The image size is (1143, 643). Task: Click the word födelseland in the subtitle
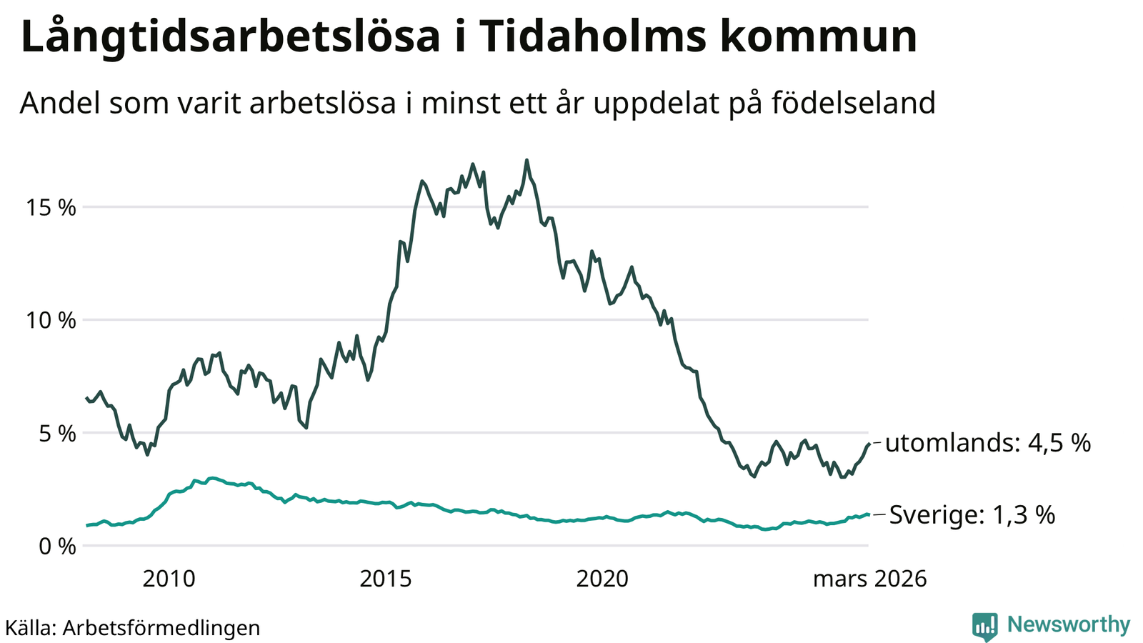[x=853, y=103]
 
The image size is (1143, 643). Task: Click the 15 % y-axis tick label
[x=51, y=208]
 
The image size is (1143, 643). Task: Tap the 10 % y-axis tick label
[x=51, y=321]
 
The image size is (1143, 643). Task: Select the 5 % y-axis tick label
[x=56, y=434]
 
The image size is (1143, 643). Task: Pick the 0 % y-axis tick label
[x=56, y=547]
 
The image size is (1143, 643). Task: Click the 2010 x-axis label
[x=169, y=579]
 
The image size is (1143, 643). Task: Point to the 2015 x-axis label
[x=386, y=579]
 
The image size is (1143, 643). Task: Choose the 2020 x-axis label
[x=603, y=579]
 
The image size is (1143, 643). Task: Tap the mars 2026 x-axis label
[x=869, y=579]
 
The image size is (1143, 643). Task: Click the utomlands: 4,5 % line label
[x=988, y=444]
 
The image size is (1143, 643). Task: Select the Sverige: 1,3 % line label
[x=972, y=515]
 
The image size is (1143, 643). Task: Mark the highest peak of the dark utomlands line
[x=526, y=160]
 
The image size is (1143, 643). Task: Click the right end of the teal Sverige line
[x=868, y=514]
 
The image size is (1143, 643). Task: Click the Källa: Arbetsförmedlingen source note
[x=133, y=628]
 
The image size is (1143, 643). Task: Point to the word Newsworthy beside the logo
[x=1069, y=625]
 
